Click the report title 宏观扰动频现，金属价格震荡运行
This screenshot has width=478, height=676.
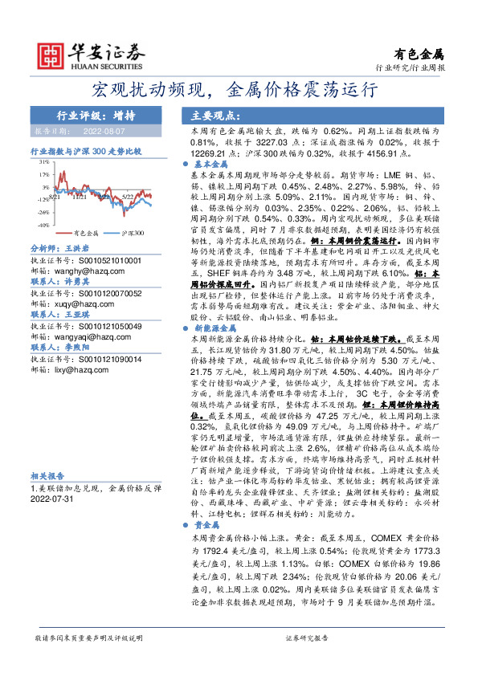click(238, 88)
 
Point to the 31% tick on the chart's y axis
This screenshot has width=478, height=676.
click(40, 160)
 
